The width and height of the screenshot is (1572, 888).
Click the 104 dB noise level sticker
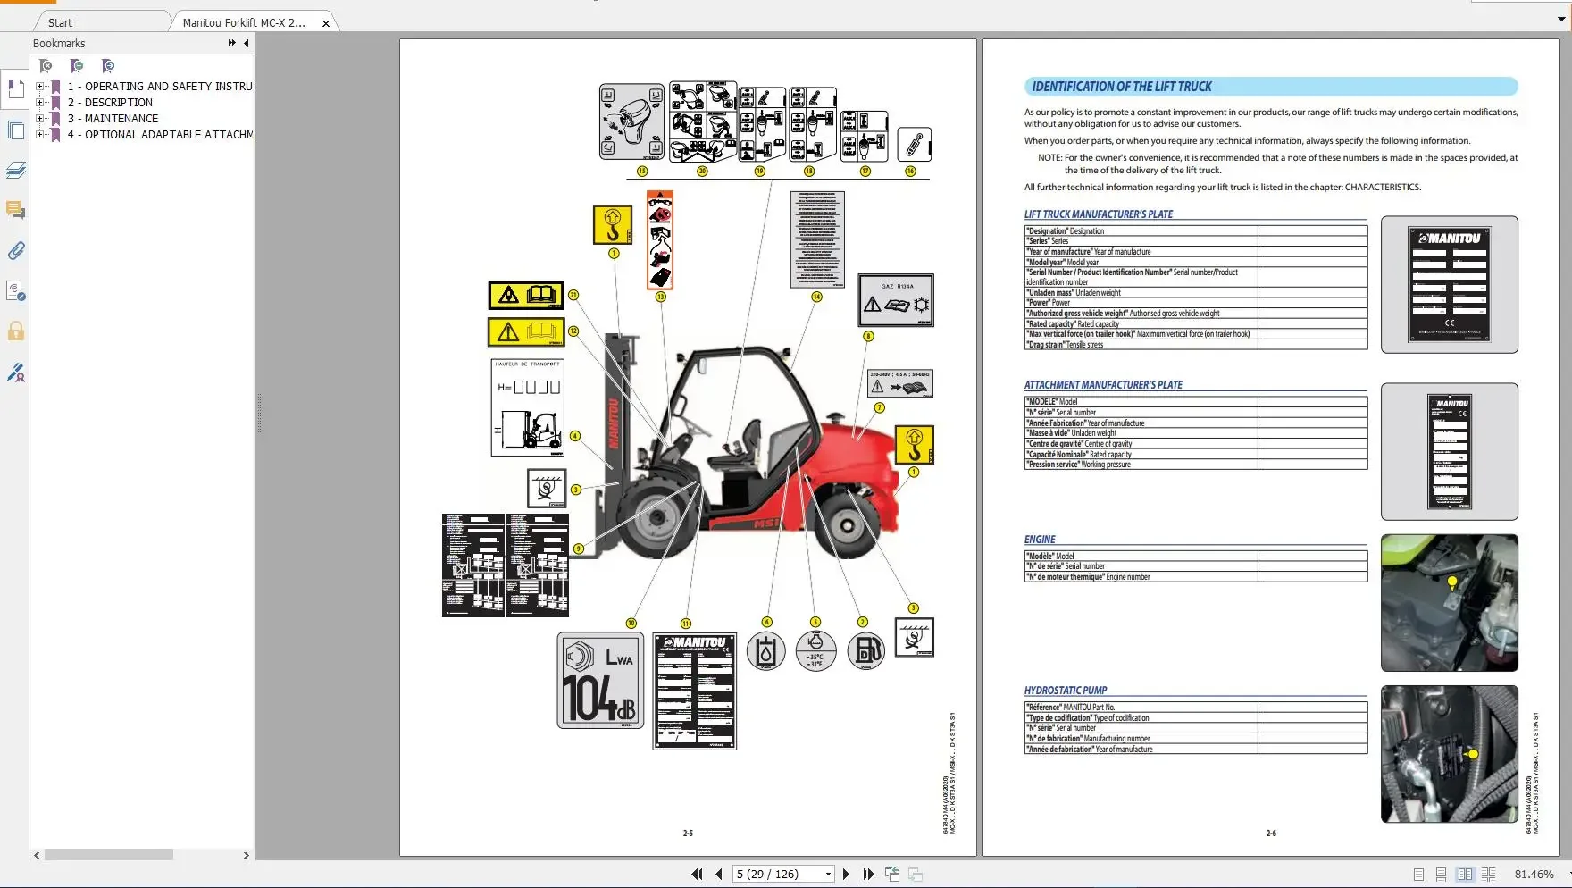point(600,681)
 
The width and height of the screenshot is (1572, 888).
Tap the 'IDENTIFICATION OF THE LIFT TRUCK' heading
point(1121,87)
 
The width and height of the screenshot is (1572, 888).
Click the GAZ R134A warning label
point(896,300)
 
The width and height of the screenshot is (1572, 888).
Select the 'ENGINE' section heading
point(1040,540)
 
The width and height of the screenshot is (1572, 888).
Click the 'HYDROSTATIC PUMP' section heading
point(1065,691)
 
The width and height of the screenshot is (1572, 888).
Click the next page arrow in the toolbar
point(846,875)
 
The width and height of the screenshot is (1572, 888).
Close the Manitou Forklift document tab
point(326,23)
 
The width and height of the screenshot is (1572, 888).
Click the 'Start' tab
point(61,23)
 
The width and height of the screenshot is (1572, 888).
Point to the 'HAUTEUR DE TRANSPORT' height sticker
point(528,407)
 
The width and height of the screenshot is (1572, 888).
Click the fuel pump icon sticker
point(865,650)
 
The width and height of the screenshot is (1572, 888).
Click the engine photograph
point(1449,603)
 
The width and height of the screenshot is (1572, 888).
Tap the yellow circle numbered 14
point(816,297)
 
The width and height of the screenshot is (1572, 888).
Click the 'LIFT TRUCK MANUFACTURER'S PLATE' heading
point(1099,214)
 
